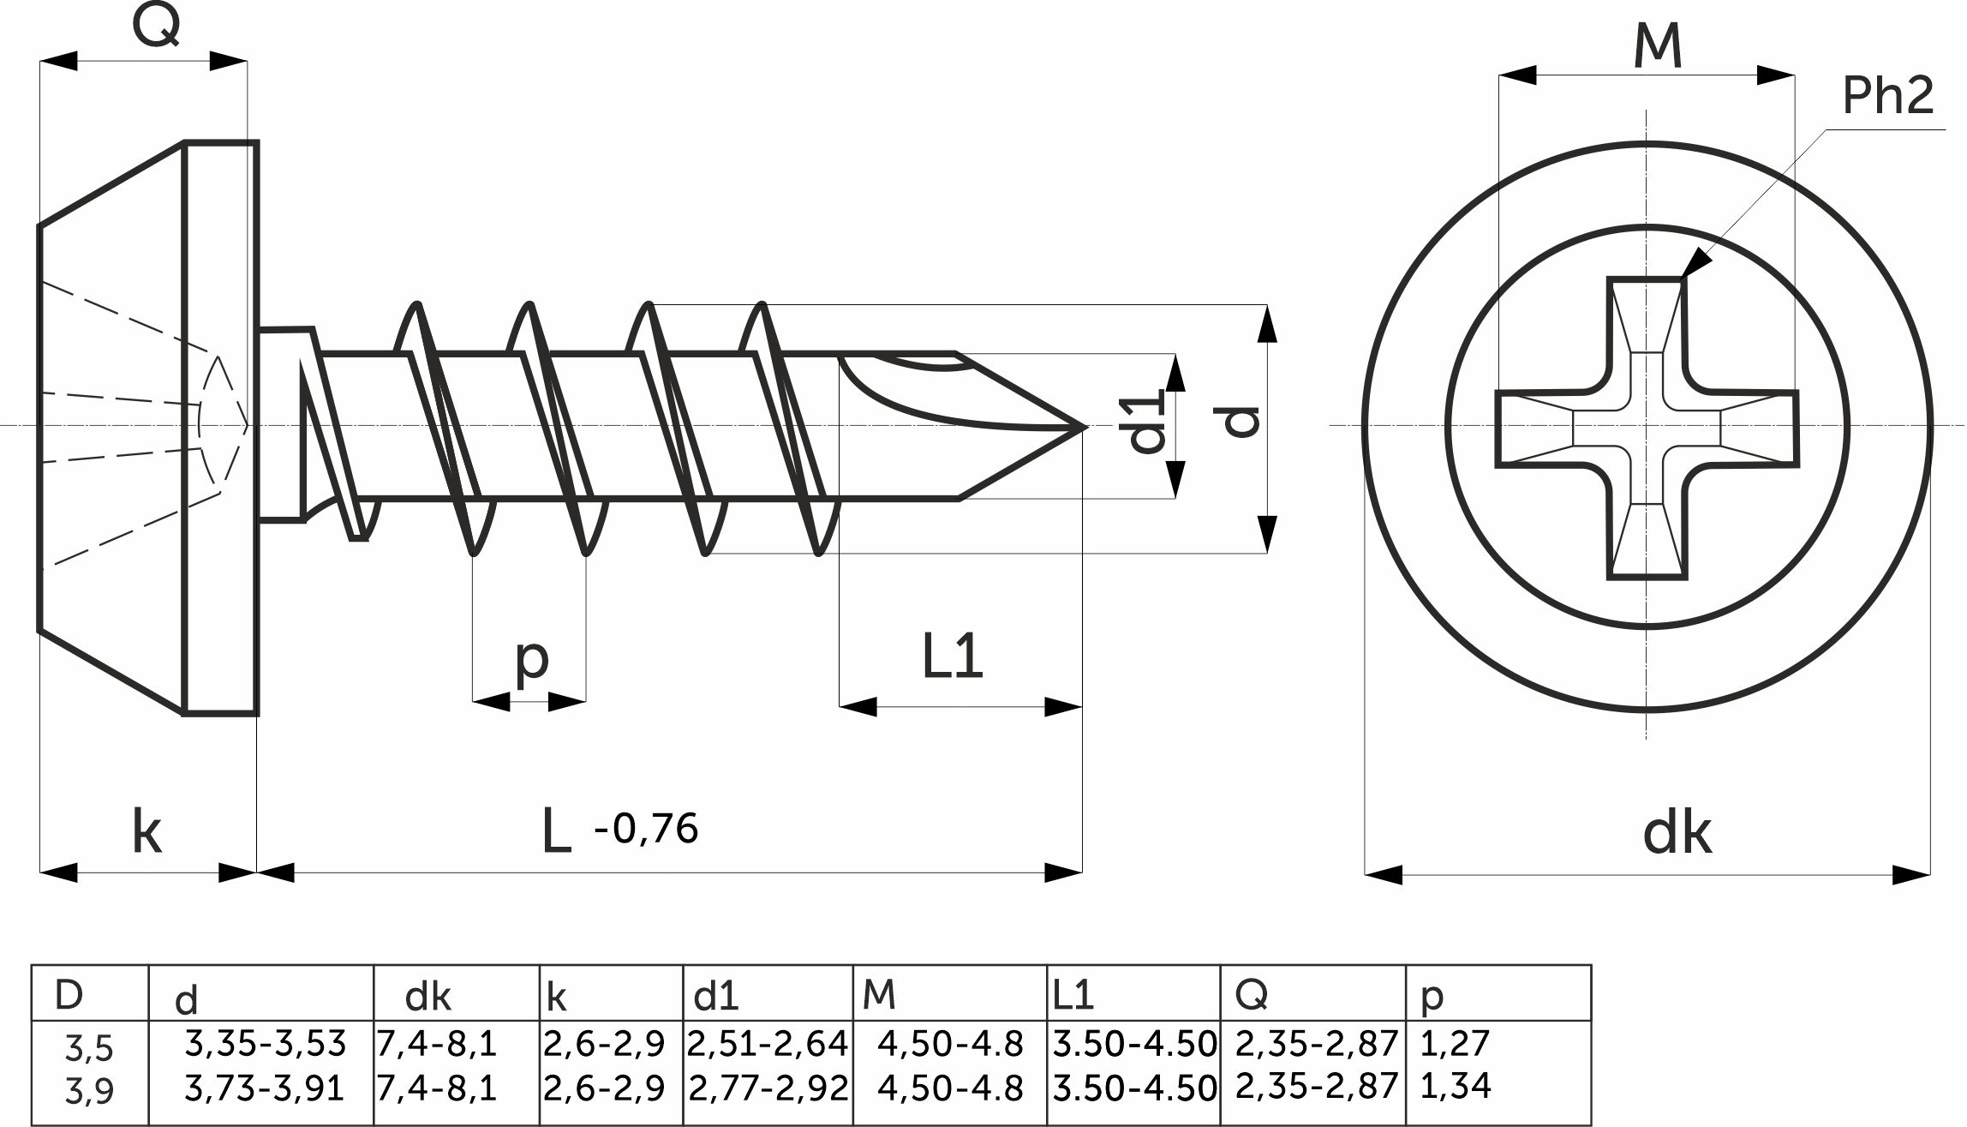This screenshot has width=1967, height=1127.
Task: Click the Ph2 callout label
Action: tap(1887, 95)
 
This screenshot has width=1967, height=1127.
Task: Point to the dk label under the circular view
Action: tap(1677, 832)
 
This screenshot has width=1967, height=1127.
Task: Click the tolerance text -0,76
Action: tap(646, 829)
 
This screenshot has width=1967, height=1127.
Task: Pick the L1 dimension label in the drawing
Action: tap(953, 656)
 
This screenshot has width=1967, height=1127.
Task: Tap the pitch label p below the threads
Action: tap(532, 661)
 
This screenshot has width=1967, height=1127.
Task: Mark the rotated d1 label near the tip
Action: tap(1147, 421)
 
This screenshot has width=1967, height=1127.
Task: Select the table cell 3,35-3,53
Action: tap(266, 1044)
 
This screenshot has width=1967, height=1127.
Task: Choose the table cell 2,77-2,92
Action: tap(768, 1088)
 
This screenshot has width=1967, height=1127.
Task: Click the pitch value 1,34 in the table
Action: tap(1455, 1086)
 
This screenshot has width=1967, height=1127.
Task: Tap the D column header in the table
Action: tap(69, 995)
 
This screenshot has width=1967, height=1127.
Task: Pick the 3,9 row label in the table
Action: tap(89, 1091)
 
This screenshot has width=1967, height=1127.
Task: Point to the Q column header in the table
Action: tap(1252, 994)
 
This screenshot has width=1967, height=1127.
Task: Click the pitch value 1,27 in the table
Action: tap(1455, 1043)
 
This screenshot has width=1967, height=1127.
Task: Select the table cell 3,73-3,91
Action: tap(265, 1088)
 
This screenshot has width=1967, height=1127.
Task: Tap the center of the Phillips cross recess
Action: tap(1646, 428)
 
